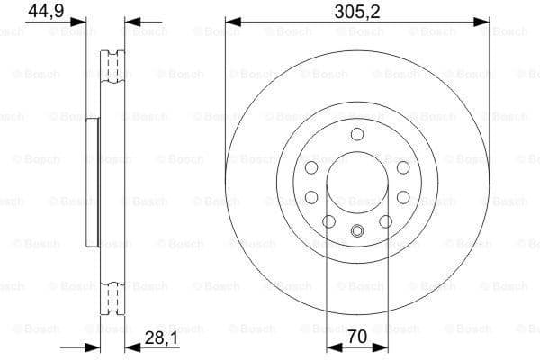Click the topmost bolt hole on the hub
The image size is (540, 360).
tap(356, 135)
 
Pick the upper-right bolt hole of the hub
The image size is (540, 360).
tap(402, 168)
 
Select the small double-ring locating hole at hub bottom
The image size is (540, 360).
tap(356, 229)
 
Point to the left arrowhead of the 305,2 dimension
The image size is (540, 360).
tap(230, 20)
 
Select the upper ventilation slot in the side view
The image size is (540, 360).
tap(114, 67)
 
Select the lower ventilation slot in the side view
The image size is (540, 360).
tap(114, 297)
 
